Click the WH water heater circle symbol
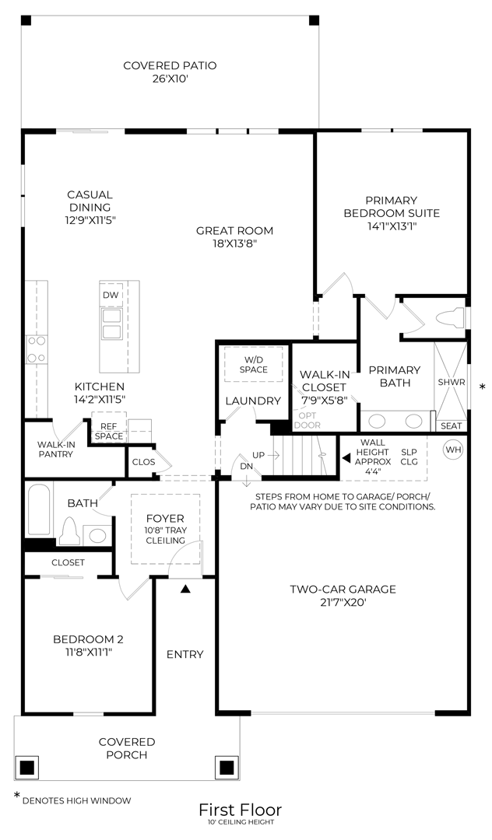pyautogui.click(x=453, y=449)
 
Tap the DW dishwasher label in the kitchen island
pyautogui.click(x=111, y=296)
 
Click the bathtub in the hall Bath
pyautogui.click(x=40, y=509)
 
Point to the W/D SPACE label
pyautogui.click(x=254, y=364)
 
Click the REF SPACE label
pyautogui.click(x=108, y=431)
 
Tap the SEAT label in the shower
pyautogui.click(x=451, y=425)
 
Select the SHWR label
pyautogui.click(x=451, y=382)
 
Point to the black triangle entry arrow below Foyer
pyautogui.click(x=185, y=590)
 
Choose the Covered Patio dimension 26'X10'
pyautogui.click(x=170, y=79)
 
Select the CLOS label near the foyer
pyautogui.click(x=143, y=462)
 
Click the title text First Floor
pyautogui.click(x=240, y=810)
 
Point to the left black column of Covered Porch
pyautogui.click(x=26, y=768)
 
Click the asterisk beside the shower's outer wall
pyautogui.click(x=482, y=387)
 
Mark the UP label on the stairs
pyautogui.click(x=258, y=454)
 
